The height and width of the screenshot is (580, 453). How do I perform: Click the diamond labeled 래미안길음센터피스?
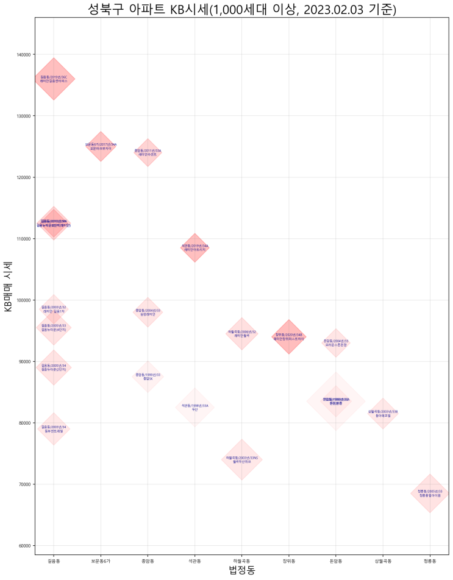point(54,79)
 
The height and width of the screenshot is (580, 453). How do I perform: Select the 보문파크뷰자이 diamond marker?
point(101,146)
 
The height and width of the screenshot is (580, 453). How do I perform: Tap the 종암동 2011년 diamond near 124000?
point(148,152)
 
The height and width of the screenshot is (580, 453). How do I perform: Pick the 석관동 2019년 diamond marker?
point(195,247)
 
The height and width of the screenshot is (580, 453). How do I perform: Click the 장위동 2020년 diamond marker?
point(288,336)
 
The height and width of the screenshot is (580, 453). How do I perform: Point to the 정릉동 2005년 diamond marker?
point(430,493)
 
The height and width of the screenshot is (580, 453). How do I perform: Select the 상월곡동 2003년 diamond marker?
point(383,414)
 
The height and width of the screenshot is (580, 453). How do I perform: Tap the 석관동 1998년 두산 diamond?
point(195,407)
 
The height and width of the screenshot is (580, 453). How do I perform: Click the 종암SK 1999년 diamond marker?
point(148,377)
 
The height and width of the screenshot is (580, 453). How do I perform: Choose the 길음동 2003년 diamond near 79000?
point(54,429)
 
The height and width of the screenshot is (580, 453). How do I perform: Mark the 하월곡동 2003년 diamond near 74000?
point(242,459)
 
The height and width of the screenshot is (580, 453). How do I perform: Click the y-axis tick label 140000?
point(24,55)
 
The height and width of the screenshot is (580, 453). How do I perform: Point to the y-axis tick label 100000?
point(24,300)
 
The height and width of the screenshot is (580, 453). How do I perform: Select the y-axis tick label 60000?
point(25,546)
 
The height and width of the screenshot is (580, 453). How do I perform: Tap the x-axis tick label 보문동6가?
point(101,561)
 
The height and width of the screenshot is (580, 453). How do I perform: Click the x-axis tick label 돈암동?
point(336,561)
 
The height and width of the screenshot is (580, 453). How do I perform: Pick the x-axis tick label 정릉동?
point(430,561)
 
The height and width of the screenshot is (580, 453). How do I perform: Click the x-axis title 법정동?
point(241,571)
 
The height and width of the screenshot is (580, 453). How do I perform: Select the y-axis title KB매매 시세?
point(9,286)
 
